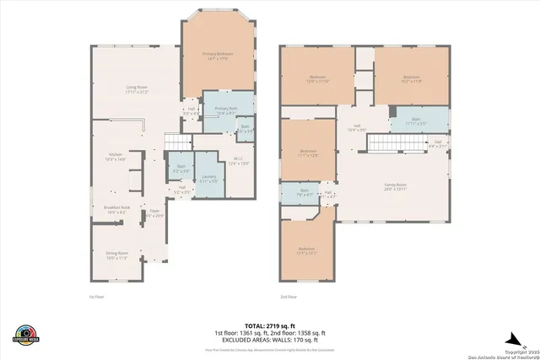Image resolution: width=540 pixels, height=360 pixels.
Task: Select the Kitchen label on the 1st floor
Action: click(114, 157)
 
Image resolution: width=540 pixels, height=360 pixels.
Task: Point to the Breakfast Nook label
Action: click(116, 210)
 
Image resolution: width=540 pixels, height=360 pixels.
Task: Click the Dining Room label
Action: click(116, 255)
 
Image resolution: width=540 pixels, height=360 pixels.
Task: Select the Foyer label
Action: click(154, 215)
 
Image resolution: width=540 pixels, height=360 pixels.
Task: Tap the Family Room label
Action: click(396, 186)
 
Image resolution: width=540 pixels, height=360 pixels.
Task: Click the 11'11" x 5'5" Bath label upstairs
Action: click(415, 121)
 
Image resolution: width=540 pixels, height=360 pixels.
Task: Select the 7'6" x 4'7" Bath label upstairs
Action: click(305, 193)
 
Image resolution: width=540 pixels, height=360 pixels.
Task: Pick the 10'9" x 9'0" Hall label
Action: click(355, 128)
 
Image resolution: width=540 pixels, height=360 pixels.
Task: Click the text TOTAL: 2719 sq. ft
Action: click(270, 325)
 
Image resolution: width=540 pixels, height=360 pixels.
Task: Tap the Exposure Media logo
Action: click(26, 334)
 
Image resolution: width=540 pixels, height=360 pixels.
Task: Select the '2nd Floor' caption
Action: click(289, 297)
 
